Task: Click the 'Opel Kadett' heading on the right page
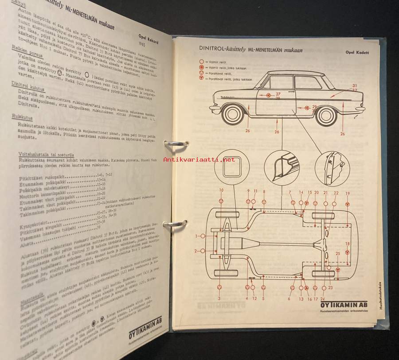pos(357,52)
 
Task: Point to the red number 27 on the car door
pos(278,94)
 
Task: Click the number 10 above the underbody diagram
pos(221,190)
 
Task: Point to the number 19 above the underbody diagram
pos(348,193)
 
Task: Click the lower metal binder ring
pos(176,225)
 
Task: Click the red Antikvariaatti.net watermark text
pos(199,159)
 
